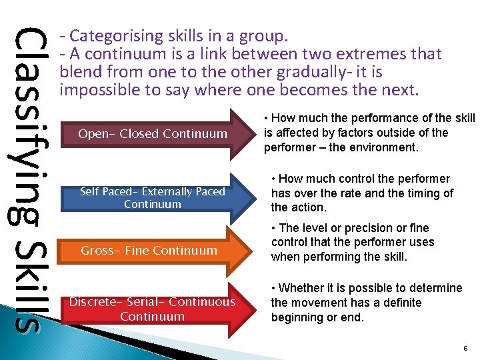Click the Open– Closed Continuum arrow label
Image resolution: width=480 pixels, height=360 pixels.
click(153, 134)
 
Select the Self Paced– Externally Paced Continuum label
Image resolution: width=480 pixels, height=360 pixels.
click(153, 198)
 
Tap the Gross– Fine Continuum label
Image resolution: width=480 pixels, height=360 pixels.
click(149, 251)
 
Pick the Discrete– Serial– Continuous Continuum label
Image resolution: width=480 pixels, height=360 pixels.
click(153, 309)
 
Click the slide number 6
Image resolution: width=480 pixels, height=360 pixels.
click(465, 348)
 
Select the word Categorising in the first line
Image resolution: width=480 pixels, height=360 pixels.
click(111, 35)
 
